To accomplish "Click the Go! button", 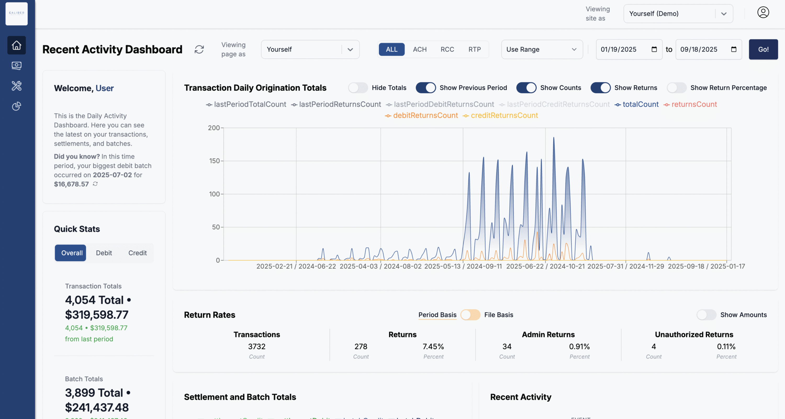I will tap(763, 49).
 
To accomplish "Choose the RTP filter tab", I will tap(474, 49).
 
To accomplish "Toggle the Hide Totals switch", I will tap(358, 88).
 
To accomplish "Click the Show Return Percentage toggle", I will tap(676, 88).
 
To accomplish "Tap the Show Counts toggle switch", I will tap(526, 88).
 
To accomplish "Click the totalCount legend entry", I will tap(640, 104).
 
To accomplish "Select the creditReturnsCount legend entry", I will tap(504, 115).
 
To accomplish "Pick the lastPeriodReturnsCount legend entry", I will tap(339, 104).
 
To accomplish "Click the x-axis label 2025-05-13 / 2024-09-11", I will tap(463, 266).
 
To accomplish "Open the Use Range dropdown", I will tap(541, 49).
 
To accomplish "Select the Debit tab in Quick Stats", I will tap(104, 253).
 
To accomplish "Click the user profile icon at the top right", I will tap(763, 13).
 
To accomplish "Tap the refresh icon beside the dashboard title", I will tap(199, 49).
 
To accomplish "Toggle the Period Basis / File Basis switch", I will tap(470, 315).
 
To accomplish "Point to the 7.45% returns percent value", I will tap(433, 346).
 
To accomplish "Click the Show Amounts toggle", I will tap(706, 315).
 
